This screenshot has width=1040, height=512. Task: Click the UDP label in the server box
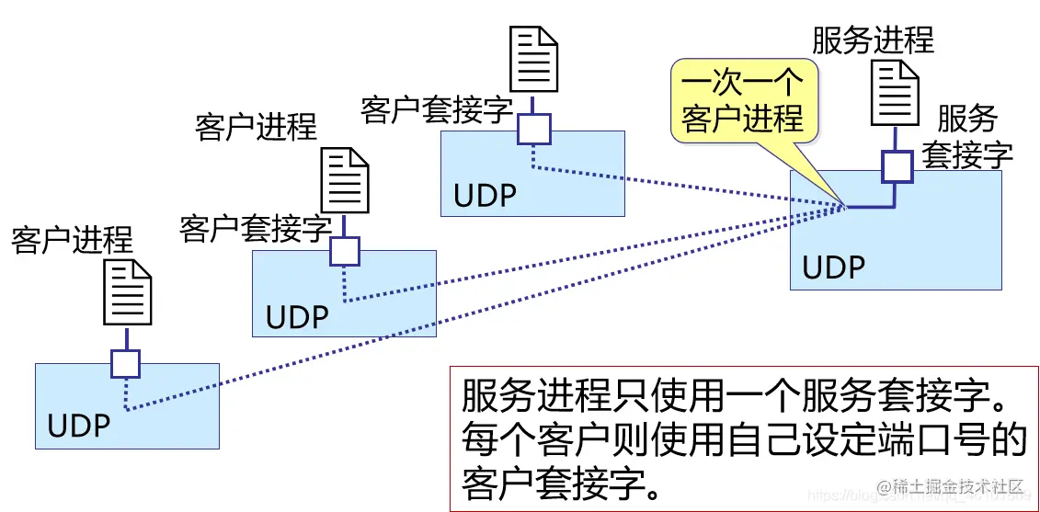[x=834, y=267]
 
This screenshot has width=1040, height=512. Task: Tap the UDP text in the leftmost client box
[x=79, y=427]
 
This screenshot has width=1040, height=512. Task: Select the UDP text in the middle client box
[x=297, y=317]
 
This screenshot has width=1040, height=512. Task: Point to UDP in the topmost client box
[x=485, y=197]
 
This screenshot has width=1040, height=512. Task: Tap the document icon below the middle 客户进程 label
[x=344, y=180]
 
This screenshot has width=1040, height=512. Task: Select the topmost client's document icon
[x=534, y=57]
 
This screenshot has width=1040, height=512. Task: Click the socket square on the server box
[x=897, y=166]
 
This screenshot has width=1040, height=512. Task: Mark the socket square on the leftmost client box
[x=125, y=364]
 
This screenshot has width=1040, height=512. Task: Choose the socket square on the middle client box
[x=344, y=251]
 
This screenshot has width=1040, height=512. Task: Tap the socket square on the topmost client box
[x=533, y=130]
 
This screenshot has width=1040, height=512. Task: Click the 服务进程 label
[x=872, y=40]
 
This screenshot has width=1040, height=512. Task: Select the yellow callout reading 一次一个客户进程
[x=742, y=100]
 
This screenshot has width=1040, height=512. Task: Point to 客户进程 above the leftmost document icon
[x=72, y=240]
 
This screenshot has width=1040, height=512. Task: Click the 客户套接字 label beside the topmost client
[x=436, y=110]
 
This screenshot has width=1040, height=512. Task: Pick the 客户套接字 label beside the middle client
[x=255, y=228]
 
